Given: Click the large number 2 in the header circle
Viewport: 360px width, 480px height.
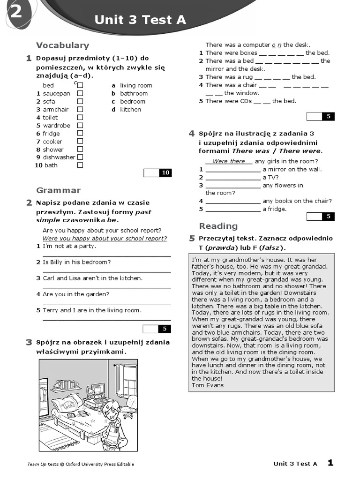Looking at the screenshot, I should pyautogui.click(x=15, y=13).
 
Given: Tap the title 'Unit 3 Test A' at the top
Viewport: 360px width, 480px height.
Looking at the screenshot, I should pyautogui.click(x=140, y=20).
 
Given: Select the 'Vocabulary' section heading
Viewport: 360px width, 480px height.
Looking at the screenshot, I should pyautogui.click(x=62, y=45).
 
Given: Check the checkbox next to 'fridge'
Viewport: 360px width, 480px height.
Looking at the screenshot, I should pyautogui.click(x=80, y=134).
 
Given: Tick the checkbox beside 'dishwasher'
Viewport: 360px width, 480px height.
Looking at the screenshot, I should pyautogui.click(x=80, y=157).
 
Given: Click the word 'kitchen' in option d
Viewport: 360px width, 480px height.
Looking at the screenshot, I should pyautogui.click(x=130, y=109).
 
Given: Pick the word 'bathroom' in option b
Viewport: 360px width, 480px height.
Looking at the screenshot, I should pyautogui.click(x=134, y=93).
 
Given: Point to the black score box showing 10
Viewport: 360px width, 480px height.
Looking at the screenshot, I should pyautogui.click(x=165, y=173).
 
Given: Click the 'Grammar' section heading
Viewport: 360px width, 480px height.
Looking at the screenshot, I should pyautogui.click(x=58, y=190).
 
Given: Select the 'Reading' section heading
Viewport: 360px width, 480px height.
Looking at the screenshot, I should pyautogui.click(x=218, y=226).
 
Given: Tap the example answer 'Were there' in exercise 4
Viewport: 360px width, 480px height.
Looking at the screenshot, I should pyautogui.click(x=229, y=161).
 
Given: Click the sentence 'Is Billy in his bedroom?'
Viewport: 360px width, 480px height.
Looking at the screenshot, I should pyautogui.click(x=76, y=262).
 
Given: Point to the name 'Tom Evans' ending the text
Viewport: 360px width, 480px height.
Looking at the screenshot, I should pyautogui.click(x=208, y=385).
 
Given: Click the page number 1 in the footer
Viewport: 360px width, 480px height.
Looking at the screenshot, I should pyautogui.click(x=330, y=463).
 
